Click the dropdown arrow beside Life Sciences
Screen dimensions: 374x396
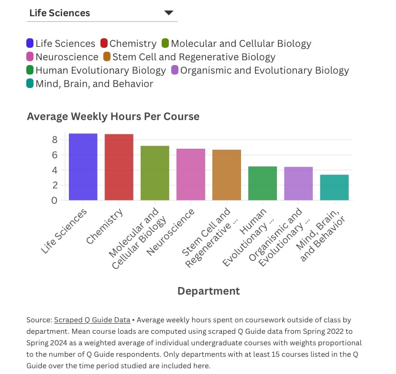pos(168,13)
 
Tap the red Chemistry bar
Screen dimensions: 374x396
pos(119,167)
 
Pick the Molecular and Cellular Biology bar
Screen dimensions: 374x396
pos(155,173)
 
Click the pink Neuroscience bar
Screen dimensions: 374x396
pos(191,174)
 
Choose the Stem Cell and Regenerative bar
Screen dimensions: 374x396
pos(227,175)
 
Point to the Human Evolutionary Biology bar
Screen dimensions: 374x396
pos(263,183)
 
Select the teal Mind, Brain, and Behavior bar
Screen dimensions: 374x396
pos(334,187)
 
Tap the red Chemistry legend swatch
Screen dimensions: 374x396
pos(104,44)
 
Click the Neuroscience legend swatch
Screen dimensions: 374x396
pos(30,57)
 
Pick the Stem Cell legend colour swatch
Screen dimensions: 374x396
pos(107,57)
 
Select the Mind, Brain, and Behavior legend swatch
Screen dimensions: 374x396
pos(30,84)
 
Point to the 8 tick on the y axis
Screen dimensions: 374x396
pos(55,140)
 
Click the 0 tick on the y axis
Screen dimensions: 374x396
pos(55,200)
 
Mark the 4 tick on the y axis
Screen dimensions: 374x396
pos(55,170)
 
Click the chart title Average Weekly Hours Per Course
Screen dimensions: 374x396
pos(113,116)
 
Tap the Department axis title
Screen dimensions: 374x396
pos(209,291)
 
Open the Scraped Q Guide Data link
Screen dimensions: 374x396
pos(92,320)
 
